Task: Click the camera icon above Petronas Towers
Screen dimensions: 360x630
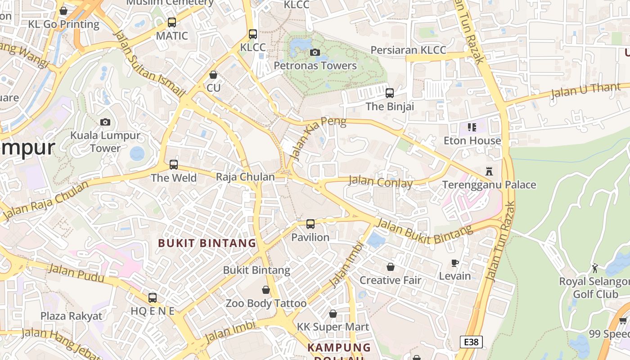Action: click(x=315, y=53)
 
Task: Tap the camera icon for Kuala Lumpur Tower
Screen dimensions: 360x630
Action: click(x=105, y=122)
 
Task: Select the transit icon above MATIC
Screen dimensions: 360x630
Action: click(x=171, y=22)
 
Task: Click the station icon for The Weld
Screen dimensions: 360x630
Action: click(x=174, y=165)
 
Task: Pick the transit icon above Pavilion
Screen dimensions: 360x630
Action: click(x=310, y=224)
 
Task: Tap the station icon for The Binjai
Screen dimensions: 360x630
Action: click(x=390, y=93)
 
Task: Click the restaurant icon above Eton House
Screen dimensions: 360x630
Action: click(x=472, y=127)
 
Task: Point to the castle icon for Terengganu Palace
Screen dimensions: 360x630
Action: click(x=489, y=171)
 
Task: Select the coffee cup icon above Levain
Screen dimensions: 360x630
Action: click(x=455, y=263)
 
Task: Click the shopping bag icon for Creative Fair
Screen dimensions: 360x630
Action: click(x=391, y=267)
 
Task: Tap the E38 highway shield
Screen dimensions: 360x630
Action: click(x=471, y=342)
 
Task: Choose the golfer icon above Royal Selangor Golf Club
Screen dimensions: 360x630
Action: click(x=595, y=268)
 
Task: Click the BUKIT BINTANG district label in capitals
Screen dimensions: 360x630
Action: click(x=207, y=243)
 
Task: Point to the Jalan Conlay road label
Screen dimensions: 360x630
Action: click(x=380, y=182)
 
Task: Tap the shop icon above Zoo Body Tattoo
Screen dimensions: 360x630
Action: click(x=266, y=290)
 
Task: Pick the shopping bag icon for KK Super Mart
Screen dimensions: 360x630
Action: click(x=333, y=314)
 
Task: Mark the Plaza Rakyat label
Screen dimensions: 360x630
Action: click(x=72, y=316)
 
